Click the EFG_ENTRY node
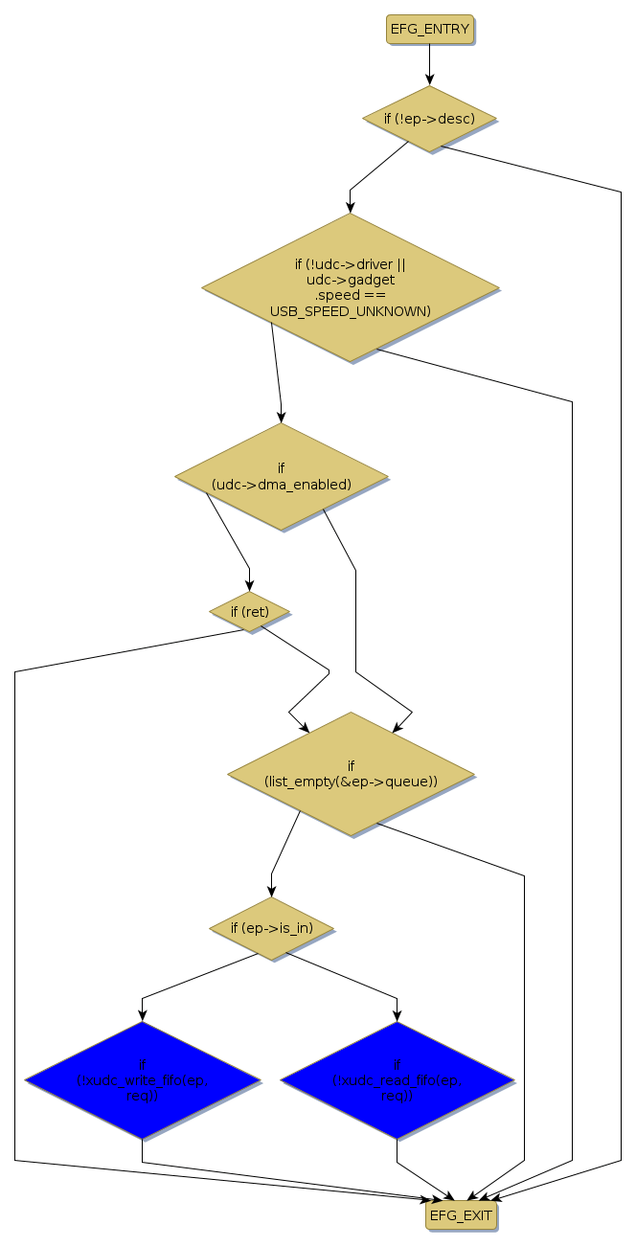tap(430, 30)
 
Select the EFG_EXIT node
tap(461, 1215)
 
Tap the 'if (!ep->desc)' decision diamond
tap(429, 119)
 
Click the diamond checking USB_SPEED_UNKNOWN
tap(350, 287)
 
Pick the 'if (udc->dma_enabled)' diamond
tap(281, 476)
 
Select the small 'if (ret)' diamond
tap(249, 611)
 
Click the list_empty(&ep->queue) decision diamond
tap(351, 774)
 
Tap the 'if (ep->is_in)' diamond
tap(272, 928)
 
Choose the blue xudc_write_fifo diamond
tap(142, 1080)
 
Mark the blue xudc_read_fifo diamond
tap(397, 1080)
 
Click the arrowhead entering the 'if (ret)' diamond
tap(250, 586)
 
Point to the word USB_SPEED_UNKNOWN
tap(350, 310)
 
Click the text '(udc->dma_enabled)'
tap(281, 485)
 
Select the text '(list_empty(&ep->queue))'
tap(351, 782)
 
